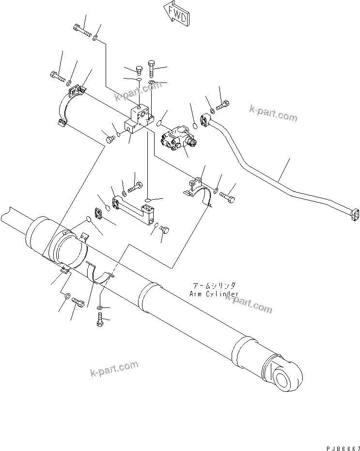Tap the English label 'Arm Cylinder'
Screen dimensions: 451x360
point(214,294)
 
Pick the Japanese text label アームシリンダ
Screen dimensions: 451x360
point(215,287)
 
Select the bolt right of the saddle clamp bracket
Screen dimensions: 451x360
point(227,197)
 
